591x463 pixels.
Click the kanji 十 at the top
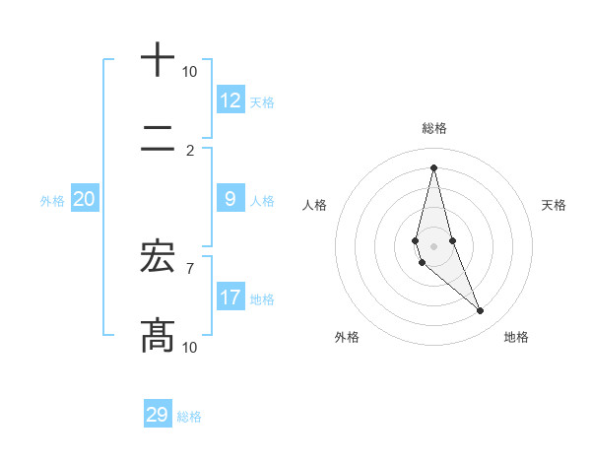(158, 59)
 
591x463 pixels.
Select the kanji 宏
(158, 256)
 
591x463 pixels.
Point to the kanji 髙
(158, 335)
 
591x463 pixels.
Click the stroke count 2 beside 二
(190, 151)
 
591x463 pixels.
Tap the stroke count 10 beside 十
(189, 72)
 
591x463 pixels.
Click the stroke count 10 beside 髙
(189, 347)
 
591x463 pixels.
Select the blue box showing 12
(230, 100)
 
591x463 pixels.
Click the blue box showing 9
(230, 199)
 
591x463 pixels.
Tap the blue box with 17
(230, 298)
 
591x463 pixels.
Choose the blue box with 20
(84, 199)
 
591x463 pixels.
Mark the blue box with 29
(158, 415)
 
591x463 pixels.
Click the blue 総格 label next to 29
(189, 417)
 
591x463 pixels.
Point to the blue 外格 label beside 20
(52, 201)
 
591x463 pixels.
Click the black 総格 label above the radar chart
(434, 128)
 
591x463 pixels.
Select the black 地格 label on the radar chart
(516, 337)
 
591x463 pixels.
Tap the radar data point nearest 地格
(481, 311)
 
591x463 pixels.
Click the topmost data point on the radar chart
(433, 166)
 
